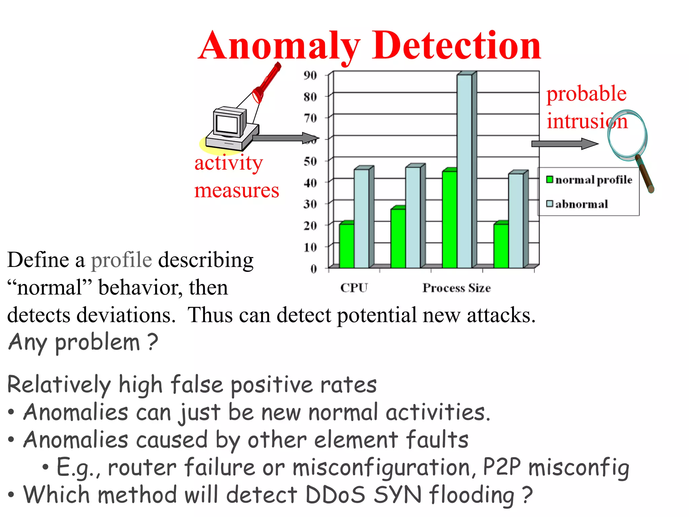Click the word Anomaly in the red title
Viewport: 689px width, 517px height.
click(x=279, y=45)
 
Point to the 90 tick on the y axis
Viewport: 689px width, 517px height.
click(x=310, y=75)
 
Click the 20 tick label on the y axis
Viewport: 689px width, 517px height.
click(x=310, y=226)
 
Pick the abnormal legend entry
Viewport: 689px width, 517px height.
click(x=577, y=204)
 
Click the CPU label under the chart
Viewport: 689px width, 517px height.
click(x=354, y=288)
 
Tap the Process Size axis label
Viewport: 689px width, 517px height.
click(x=457, y=288)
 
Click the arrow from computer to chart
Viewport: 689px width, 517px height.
click(x=284, y=138)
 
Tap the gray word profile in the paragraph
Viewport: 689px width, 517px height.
click(x=121, y=260)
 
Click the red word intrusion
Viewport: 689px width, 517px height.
click(x=587, y=121)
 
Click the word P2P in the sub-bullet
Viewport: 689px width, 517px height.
click(x=502, y=467)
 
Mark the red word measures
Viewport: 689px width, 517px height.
click(x=237, y=190)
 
